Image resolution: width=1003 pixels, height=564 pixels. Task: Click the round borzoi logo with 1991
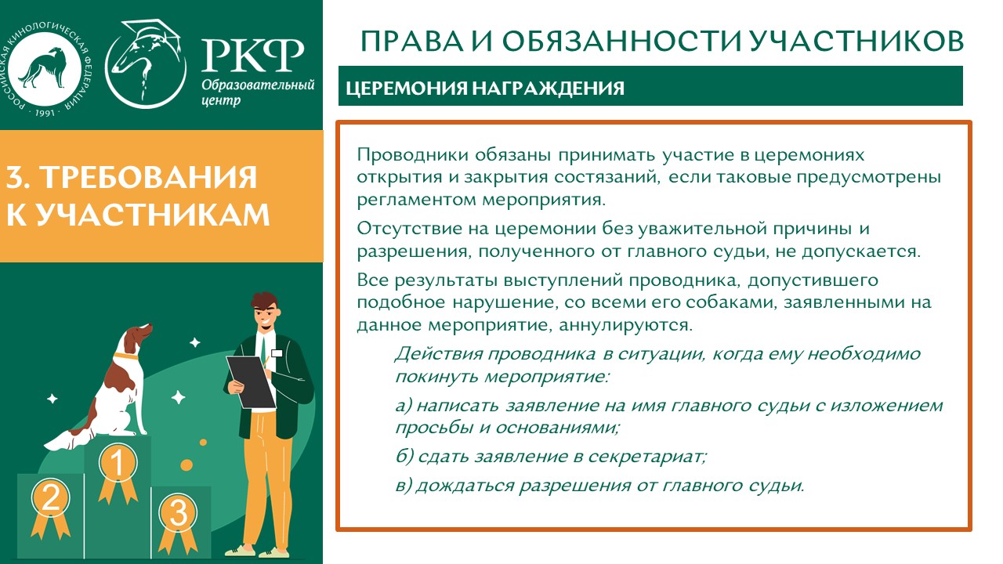45,70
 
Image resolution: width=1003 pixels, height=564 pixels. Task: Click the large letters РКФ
252,56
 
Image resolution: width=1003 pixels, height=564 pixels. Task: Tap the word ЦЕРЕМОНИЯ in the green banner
407,88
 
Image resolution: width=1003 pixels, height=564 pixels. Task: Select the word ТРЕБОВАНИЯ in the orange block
150,177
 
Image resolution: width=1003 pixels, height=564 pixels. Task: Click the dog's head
137,337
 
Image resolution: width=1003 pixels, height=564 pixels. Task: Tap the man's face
266,316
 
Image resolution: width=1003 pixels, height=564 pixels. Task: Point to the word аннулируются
625,325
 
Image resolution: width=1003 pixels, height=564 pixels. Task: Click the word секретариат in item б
647,457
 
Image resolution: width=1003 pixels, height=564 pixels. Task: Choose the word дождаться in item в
465,486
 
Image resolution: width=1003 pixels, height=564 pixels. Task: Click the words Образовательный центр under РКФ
258,92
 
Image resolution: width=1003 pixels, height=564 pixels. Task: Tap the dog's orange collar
127,357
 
